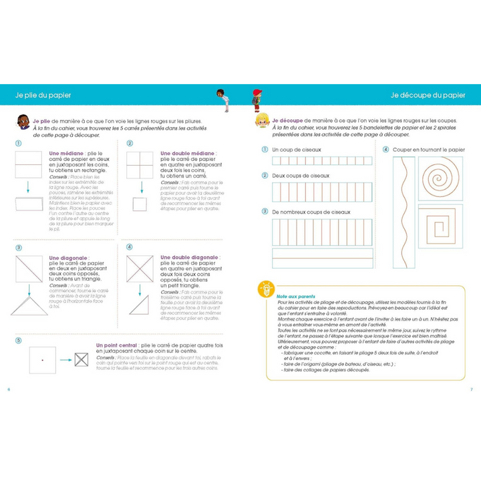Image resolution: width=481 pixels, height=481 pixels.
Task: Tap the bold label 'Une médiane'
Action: pyautogui.click(x=65, y=153)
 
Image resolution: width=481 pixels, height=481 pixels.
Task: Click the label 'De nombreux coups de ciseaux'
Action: pyautogui.click(x=313, y=211)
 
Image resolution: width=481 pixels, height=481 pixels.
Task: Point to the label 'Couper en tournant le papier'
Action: pyautogui.click(x=428, y=150)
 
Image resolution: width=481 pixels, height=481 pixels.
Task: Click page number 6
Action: pyautogui.click(x=9, y=389)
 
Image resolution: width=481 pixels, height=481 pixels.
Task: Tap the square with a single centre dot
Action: pyautogui.click(x=42, y=360)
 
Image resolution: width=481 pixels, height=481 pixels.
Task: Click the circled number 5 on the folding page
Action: pyautogui.click(x=18, y=340)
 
